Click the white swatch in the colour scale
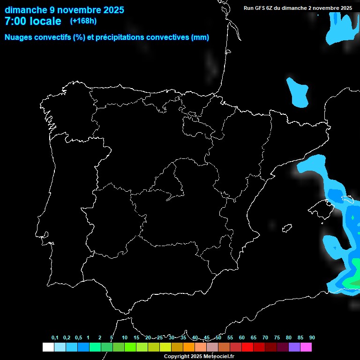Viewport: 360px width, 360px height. pyautogui.click(x=48, y=347)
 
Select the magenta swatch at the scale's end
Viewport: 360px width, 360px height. pyautogui.click(x=306, y=347)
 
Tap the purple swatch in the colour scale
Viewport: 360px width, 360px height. pyautogui.click(x=294, y=347)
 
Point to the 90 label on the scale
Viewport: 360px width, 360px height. pyautogui.click(x=312, y=338)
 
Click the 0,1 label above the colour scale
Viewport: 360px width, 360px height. pyautogui.click(x=55, y=338)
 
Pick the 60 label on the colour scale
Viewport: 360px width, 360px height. pyautogui.click(x=241, y=338)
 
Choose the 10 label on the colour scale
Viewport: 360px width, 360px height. pyautogui.click(x=125, y=338)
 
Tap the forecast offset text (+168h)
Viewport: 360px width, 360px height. pyautogui.click(x=83, y=21)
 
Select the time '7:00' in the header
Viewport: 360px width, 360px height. pyautogui.click(x=17, y=21)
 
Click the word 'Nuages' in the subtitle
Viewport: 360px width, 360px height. pyautogui.click(x=19, y=37)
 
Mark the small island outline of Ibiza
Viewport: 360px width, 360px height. pyautogui.click(x=287, y=228)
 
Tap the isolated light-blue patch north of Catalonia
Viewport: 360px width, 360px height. pyautogui.click(x=298, y=91)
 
